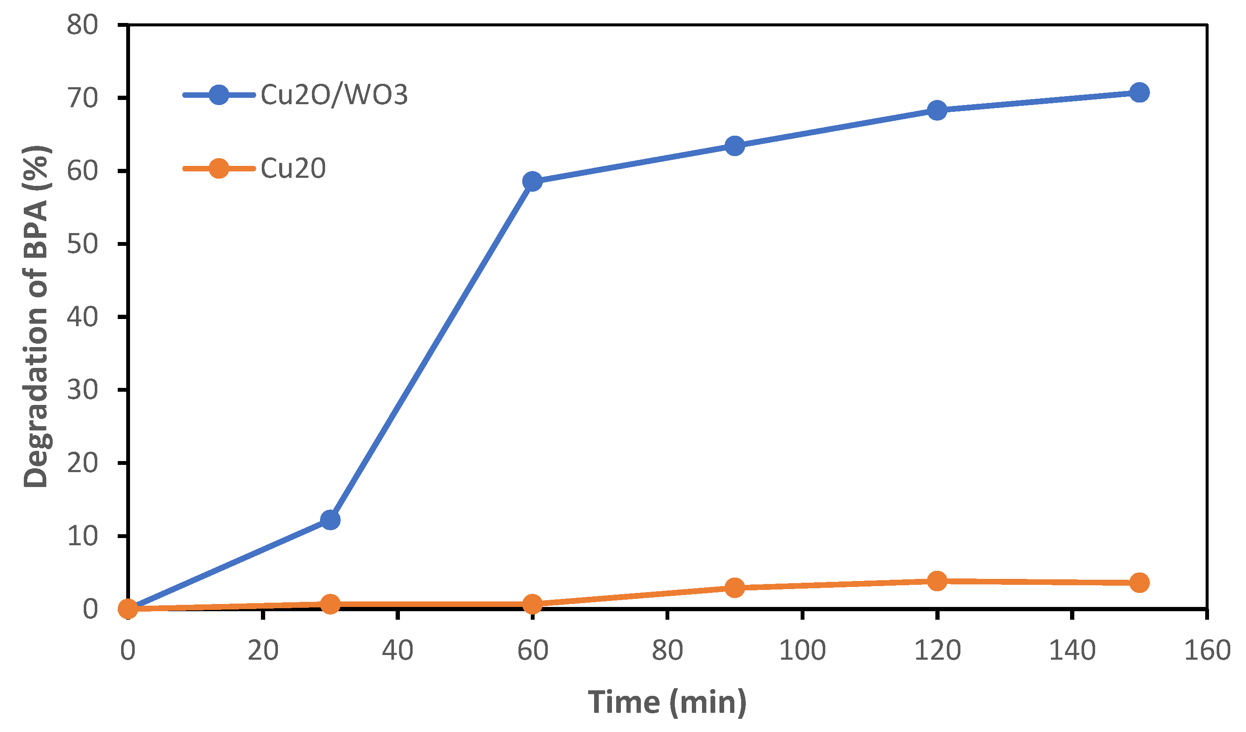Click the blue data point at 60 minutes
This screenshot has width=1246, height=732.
point(532,182)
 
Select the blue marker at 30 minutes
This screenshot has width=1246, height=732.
point(330,520)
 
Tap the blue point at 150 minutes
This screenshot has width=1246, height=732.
point(1140,93)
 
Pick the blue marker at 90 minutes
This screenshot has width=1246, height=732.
point(735,145)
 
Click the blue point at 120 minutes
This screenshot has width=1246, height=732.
point(937,110)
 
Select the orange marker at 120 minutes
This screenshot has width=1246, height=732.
point(937,581)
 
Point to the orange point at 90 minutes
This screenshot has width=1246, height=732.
point(735,587)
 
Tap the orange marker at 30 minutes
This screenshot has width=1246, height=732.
point(330,604)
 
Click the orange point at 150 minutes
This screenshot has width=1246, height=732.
point(1140,583)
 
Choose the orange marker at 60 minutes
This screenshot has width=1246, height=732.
point(532,604)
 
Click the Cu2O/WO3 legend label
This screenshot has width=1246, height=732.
point(334,94)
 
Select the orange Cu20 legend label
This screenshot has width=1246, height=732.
point(293,168)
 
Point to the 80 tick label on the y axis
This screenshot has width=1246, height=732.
point(82,25)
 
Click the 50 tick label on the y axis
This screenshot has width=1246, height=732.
point(82,244)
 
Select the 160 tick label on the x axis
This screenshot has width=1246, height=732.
point(1207,650)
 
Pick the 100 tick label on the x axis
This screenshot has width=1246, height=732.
point(802,650)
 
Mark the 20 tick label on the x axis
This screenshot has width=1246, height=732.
point(263,650)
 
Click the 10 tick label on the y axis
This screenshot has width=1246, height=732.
point(82,536)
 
